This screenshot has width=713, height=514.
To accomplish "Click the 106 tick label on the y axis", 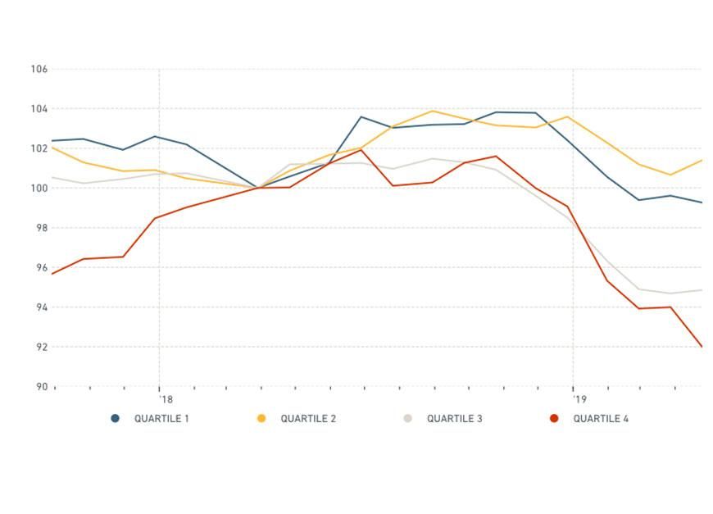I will [39, 70].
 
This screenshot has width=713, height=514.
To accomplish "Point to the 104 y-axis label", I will [39, 109].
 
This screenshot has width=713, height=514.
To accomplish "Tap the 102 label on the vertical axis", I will [39, 148].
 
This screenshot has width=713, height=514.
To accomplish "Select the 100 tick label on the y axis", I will [39, 189].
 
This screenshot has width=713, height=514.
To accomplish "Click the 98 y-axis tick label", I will [41, 228].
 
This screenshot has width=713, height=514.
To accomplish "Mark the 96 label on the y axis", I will [41, 268].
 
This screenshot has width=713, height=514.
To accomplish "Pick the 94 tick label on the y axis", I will [41, 307].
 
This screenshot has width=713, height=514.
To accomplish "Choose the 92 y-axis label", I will [41, 348].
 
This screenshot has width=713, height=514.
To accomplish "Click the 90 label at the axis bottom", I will [41, 387].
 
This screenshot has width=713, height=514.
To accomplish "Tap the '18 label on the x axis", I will [166, 400].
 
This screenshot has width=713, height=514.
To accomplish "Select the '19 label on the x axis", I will [580, 400].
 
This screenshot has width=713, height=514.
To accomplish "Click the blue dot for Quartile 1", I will [116, 419].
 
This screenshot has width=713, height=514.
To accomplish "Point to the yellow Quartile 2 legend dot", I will [261, 419].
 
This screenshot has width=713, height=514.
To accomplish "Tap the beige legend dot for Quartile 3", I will [407, 419].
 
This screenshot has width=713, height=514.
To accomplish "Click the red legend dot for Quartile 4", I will [554, 419].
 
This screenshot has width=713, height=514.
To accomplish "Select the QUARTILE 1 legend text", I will [161, 419].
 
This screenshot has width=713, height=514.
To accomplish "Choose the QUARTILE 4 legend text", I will [601, 419].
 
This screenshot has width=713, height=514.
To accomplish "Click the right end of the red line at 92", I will [702, 347].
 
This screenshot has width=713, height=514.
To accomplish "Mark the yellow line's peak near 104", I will [432, 111].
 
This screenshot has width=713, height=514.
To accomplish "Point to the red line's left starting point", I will [52, 274].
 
